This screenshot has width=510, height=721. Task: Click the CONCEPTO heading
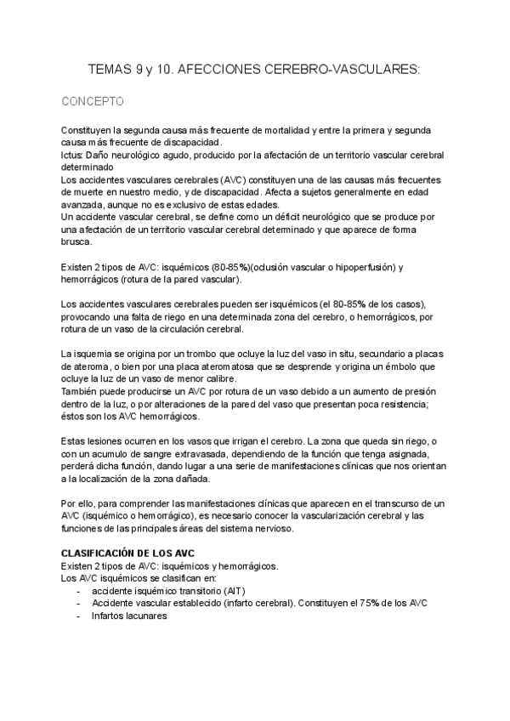[x=93, y=102]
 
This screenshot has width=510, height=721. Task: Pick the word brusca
[x=76, y=242]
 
